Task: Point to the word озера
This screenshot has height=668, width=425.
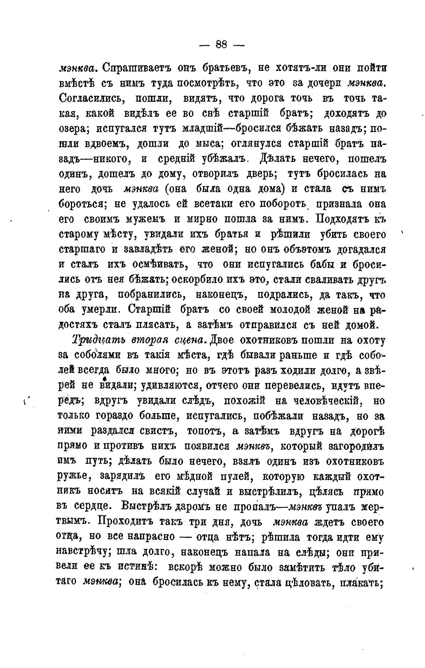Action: coord(73,128)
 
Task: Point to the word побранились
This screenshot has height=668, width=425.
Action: coord(152,294)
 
